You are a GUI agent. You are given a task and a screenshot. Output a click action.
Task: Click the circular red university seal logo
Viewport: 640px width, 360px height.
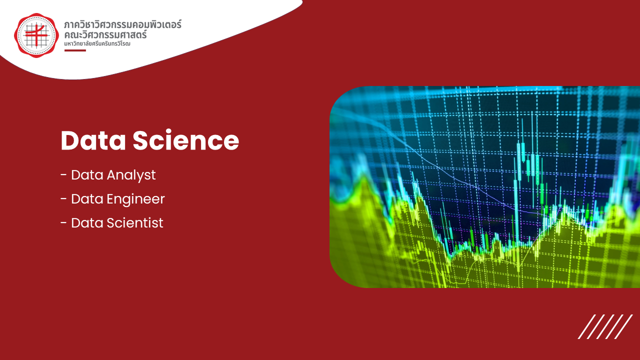point(36,35)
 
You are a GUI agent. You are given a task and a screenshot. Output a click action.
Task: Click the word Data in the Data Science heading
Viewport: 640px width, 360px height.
point(93,140)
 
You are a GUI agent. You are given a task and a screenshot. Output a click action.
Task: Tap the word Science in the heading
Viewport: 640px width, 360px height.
point(185,140)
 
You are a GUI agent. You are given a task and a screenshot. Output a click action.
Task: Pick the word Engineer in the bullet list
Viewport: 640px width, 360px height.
point(135,199)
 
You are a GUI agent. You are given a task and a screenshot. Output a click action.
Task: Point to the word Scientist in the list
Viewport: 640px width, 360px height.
point(135,223)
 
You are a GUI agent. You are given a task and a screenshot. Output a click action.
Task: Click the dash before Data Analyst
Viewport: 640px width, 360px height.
point(63,175)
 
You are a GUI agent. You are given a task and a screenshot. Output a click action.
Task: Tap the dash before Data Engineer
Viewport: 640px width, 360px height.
point(63,199)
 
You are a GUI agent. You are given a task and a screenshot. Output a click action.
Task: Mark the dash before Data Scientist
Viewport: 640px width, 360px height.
point(63,223)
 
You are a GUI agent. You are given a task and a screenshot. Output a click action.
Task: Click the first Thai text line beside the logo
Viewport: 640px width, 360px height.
point(122,24)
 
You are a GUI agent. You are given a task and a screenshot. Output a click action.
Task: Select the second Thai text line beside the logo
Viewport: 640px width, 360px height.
point(105,34)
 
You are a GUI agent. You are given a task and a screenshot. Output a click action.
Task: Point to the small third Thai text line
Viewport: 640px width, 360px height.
point(97,43)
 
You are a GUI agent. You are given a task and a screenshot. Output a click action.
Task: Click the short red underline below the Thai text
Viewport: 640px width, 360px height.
point(75,50)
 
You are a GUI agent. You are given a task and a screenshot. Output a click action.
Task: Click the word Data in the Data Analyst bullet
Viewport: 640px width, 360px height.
point(87,175)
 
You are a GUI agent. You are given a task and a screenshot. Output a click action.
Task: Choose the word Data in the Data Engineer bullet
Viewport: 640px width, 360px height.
point(87,199)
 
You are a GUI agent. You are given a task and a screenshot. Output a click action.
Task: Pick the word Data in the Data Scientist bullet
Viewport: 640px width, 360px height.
point(87,223)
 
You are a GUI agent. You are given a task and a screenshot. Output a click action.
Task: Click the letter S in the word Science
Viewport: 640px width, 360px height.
point(141,140)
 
